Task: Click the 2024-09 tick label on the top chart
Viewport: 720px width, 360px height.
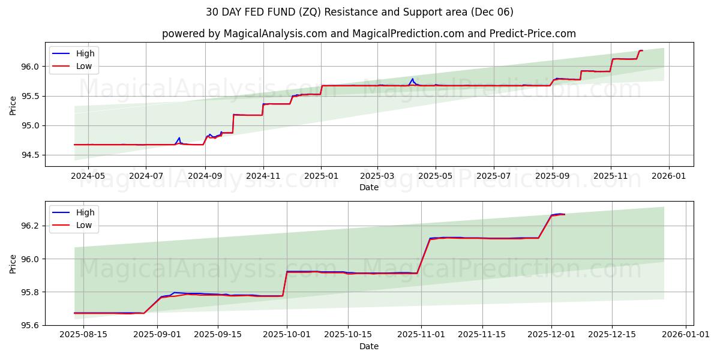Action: pos(205,176)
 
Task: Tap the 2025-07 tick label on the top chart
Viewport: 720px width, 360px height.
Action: pos(493,176)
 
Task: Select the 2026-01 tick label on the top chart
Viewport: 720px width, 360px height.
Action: pos(668,176)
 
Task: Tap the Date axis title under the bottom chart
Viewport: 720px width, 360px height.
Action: pos(369,346)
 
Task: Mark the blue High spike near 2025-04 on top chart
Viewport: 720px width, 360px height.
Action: pos(412,79)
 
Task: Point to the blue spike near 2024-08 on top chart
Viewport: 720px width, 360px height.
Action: pos(179,137)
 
